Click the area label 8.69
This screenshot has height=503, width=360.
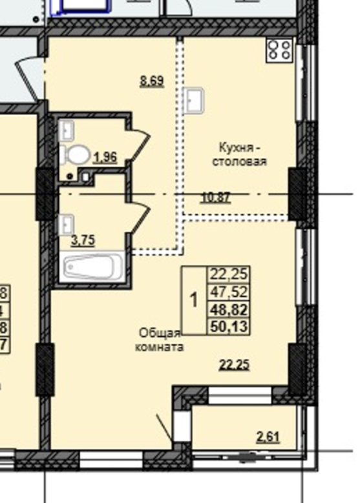pyautogui.click(x=152, y=81)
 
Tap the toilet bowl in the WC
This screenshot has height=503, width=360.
pyautogui.click(x=76, y=155)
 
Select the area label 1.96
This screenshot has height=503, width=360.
pyautogui.click(x=105, y=156)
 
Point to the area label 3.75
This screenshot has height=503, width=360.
pyautogui.click(x=83, y=241)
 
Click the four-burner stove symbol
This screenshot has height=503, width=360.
pyautogui.click(x=280, y=50)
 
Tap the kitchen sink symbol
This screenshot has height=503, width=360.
pyautogui.click(x=193, y=99)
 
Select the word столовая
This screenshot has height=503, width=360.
pyautogui.click(x=239, y=161)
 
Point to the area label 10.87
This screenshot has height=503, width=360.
pyautogui.click(x=216, y=198)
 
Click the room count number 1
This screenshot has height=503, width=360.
pyautogui.click(x=193, y=300)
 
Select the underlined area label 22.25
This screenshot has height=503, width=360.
pyautogui.click(x=234, y=365)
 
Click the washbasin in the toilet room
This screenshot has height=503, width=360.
pyautogui.click(x=68, y=131)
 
